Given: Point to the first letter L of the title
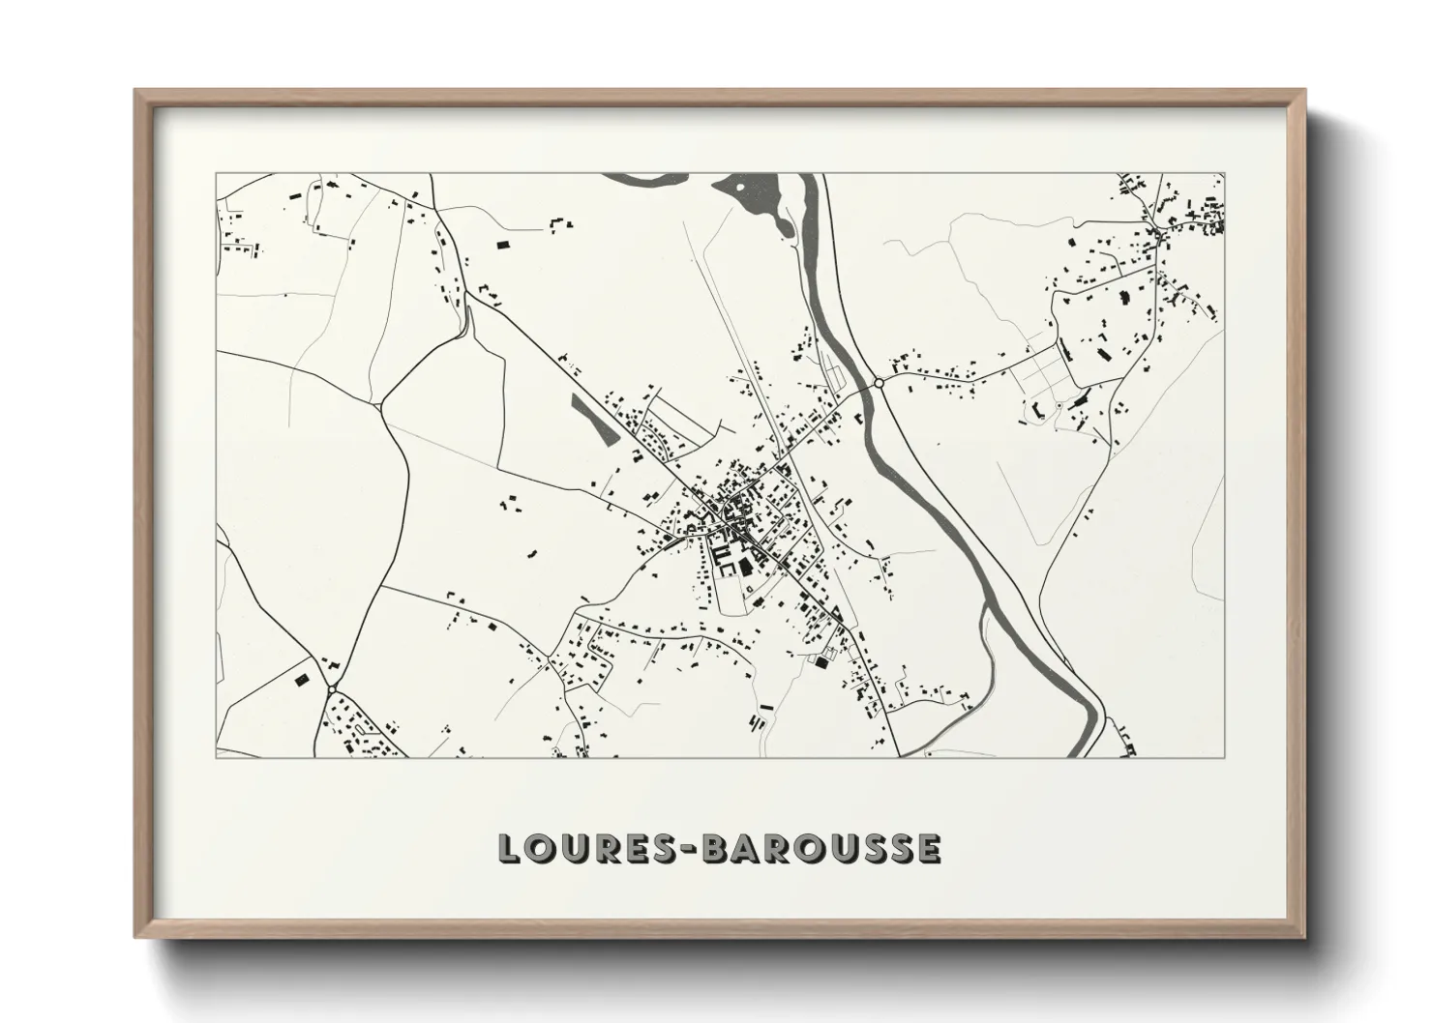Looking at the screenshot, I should coord(509,848).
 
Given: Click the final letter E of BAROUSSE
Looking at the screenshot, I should coord(929,848).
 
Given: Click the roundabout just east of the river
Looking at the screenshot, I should coord(879,384).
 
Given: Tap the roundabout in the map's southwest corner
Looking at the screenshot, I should coord(332,688).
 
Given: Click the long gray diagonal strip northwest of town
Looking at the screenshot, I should coord(593,419).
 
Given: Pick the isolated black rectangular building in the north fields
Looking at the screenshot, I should coord(502,245).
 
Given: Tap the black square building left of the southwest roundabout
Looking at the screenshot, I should coord(299,679).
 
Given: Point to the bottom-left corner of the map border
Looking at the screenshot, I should coord(216,757).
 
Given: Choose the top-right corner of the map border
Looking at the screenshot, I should coord(1225,174).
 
